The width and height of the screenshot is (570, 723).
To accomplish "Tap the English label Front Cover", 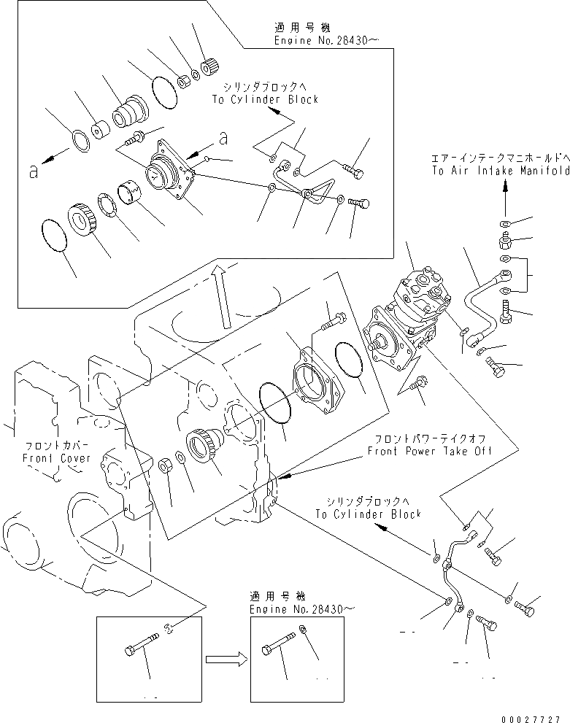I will click(56, 458).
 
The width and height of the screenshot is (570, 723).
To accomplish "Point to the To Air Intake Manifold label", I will click(500, 171).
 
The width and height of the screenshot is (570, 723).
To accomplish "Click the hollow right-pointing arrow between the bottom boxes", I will click(225, 660).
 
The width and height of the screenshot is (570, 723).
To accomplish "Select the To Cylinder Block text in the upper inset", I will click(266, 99).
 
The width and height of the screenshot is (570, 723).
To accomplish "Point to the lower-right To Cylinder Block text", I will click(369, 514).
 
